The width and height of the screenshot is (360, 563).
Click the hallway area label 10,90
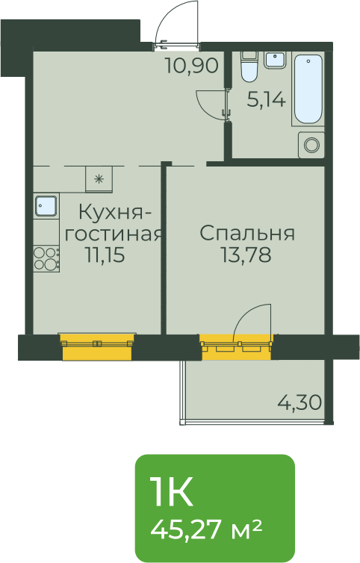pos(192,66)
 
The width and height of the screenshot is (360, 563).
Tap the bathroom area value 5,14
pos(266,99)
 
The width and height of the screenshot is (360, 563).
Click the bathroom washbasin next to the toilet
pos(276,60)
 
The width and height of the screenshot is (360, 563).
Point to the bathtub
pos(308,89)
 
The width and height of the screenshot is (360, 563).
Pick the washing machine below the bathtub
pos(311,145)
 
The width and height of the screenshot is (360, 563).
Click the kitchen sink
pos(46,206)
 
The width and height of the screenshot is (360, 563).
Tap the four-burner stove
pos(46,258)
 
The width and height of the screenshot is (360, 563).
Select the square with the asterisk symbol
pos(99,179)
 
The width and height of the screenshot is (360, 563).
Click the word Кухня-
pos(115,213)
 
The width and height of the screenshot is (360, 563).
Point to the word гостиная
pos(113,234)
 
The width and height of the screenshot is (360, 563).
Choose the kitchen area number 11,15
pos(105,255)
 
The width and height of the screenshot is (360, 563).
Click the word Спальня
pos(247,234)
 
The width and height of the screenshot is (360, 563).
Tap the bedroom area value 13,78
pos(246,255)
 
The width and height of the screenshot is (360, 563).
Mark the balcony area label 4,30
pos(300,402)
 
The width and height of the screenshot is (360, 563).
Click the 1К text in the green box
pos(172,491)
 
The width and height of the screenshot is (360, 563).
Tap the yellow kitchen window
pos(97,346)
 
